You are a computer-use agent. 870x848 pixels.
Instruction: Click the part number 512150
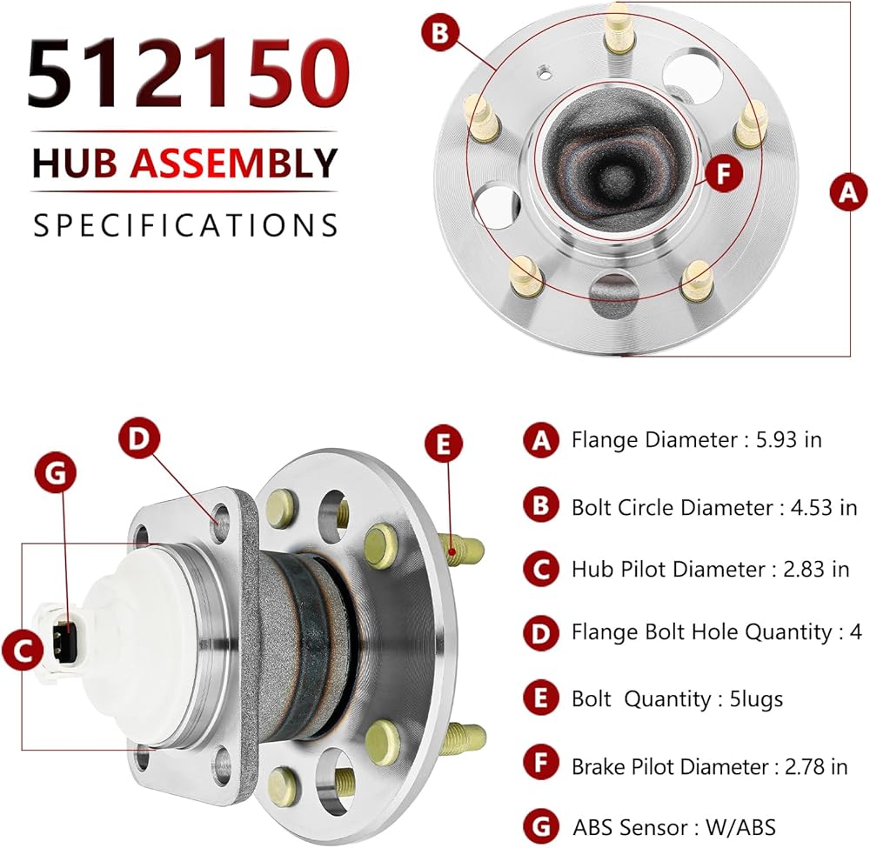click(189, 72)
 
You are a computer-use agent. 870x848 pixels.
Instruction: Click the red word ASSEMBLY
click(233, 163)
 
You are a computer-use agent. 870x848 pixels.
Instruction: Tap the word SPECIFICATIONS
click(185, 225)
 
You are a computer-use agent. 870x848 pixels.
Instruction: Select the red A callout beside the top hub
click(847, 192)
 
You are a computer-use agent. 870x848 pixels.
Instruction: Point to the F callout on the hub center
click(724, 174)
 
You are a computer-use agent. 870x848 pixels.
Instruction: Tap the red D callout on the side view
click(139, 438)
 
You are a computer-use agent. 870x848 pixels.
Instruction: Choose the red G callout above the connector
click(56, 473)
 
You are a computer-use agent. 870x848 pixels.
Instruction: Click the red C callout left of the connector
click(23, 650)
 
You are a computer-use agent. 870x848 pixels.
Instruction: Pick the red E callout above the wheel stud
click(444, 444)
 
